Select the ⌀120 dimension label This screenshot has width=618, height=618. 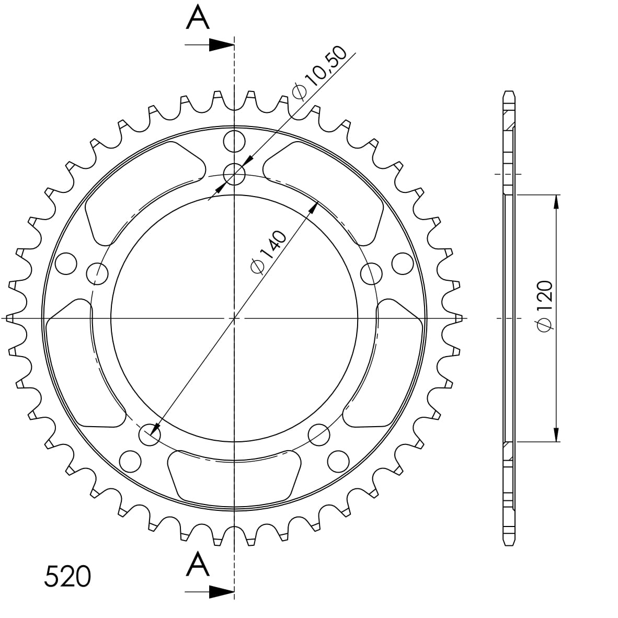point(544,306)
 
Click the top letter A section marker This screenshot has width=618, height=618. point(198,17)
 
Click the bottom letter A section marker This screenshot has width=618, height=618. point(198,564)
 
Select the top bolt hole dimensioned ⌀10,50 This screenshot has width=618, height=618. point(234,174)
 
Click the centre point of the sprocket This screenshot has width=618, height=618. point(234,318)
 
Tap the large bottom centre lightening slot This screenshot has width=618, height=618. point(235,476)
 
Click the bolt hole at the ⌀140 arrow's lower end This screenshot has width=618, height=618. point(150,434)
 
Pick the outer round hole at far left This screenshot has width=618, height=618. point(65,263)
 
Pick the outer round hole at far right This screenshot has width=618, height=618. point(403,263)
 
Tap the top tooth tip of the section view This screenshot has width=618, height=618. point(509,93)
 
